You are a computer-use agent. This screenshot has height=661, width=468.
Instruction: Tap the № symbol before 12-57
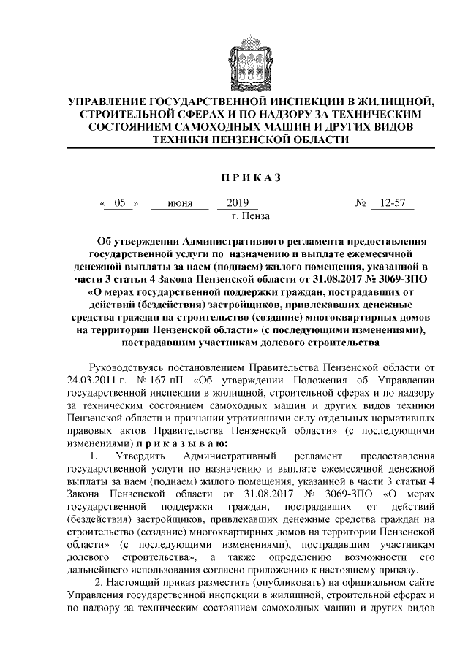[361, 204]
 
